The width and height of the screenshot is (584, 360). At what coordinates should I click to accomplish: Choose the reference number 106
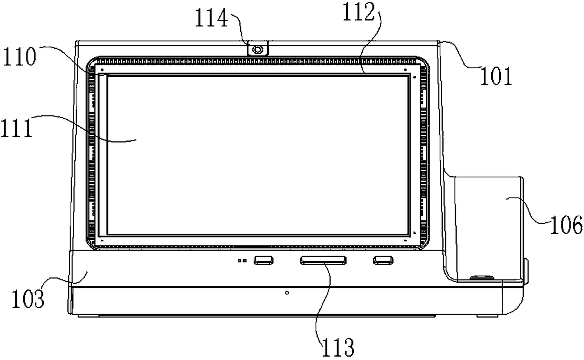[x=565, y=226]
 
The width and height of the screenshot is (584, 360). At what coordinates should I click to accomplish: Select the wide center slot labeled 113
[x=322, y=260]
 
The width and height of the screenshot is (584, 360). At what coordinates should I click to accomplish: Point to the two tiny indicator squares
[x=243, y=260]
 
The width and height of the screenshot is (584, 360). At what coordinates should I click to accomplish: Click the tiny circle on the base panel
[x=287, y=293]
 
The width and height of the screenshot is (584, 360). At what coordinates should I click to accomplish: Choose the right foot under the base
[x=485, y=315]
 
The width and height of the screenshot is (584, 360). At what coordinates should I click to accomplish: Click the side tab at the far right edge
[x=526, y=269]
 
